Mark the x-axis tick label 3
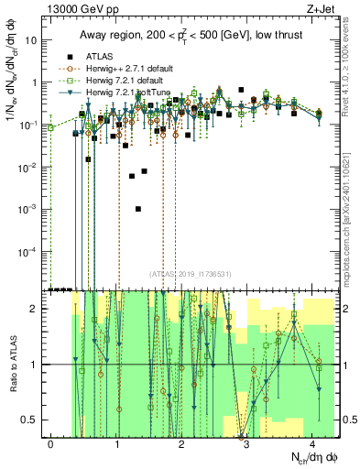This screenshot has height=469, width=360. (x=247, y=442)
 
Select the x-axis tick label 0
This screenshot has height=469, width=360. (x=50, y=442)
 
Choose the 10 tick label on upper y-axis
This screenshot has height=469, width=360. (x=34, y=40)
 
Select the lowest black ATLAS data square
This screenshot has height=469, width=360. (x=138, y=209)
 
